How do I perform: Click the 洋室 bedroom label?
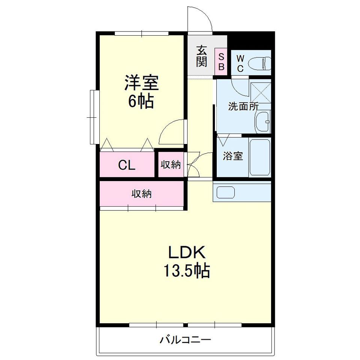(141, 82)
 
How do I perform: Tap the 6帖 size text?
(141, 101)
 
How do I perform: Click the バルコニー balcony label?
(185, 340)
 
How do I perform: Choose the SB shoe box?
(221, 61)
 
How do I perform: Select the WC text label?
(240, 64)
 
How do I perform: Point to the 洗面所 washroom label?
(243, 106)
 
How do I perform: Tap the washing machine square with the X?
(261, 93)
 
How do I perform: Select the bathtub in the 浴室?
(259, 157)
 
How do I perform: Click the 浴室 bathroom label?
(233, 156)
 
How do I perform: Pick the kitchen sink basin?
(226, 192)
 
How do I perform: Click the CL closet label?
(127, 165)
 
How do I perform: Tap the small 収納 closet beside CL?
(171, 165)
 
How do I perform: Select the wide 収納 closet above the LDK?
(142, 194)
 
